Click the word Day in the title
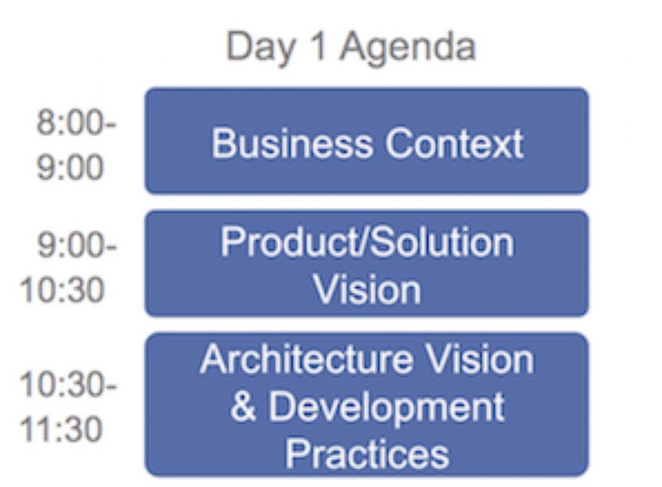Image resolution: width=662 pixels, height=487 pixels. tap(260, 48)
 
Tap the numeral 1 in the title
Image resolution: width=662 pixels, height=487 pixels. tap(318, 46)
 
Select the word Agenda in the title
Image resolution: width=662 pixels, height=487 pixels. tap(408, 48)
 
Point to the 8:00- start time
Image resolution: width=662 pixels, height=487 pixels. tap(76, 122)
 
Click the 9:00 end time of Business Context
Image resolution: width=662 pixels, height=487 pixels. tap(70, 167)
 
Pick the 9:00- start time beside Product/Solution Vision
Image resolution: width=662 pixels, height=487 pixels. tap(77, 245)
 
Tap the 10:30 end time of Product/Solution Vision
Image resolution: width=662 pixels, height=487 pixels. tap(61, 290)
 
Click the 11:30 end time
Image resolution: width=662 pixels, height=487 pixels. tap(61, 429)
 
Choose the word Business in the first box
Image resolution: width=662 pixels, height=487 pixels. tap(292, 143)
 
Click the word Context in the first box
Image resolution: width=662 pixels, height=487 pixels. tap(454, 144)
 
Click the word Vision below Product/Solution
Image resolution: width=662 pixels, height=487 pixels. tap(367, 290)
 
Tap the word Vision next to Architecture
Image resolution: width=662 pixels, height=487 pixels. tap(479, 359)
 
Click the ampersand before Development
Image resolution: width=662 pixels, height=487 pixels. tap(244, 406)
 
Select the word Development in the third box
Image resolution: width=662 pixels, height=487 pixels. tap(387, 408)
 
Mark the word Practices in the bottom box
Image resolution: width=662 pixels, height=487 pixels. tap(367, 454)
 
